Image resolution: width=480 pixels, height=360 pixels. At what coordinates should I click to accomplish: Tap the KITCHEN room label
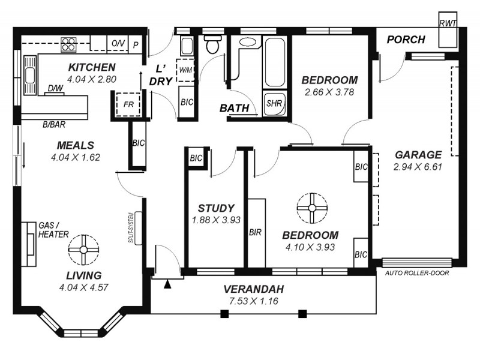point(91,67)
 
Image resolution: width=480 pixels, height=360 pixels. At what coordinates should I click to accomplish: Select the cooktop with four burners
point(68,43)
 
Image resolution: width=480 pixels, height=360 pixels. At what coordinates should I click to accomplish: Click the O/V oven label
point(118,44)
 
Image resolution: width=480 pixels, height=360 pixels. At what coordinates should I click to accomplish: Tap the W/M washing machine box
point(184,69)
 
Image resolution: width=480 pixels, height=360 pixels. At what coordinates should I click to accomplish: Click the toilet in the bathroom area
point(212,44)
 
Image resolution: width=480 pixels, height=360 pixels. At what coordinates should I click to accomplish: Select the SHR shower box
point(273,102)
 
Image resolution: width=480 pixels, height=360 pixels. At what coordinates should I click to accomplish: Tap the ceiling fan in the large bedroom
point(311,208)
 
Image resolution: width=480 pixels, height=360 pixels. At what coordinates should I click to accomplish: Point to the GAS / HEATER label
point(53,229)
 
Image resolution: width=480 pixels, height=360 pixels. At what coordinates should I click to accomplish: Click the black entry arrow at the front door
point(167,284)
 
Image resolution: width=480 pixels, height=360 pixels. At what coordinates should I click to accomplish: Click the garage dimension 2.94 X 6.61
point(418,167)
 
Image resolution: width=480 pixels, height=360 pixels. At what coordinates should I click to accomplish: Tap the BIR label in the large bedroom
point(254,232)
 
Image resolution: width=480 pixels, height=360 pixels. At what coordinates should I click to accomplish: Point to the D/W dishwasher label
point(54,89)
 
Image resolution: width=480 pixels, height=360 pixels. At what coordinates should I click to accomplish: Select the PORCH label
point(406,40)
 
